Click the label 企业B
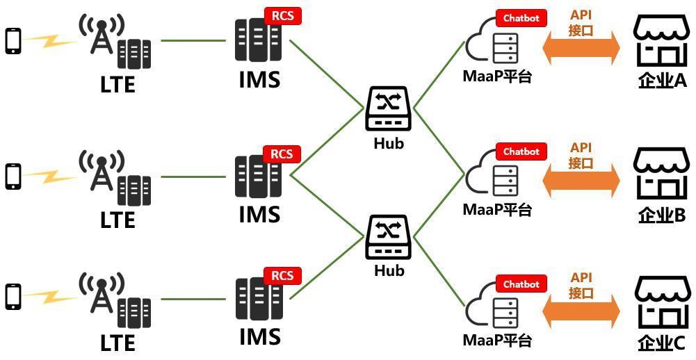662,215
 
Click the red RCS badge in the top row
283,17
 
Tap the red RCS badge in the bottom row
283,276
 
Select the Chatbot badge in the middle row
521,152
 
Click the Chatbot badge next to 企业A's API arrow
521,18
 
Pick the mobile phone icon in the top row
13,41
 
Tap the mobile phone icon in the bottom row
13,297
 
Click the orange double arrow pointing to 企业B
581,180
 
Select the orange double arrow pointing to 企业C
581,311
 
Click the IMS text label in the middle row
259,213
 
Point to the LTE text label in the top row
118,84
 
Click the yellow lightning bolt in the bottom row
50,297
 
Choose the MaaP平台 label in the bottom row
497,341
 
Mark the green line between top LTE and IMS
193,41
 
